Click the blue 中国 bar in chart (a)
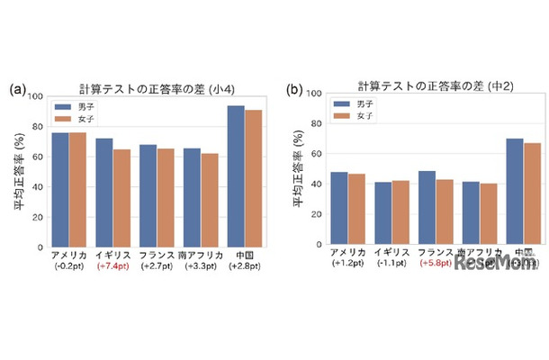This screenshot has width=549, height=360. point(236,175)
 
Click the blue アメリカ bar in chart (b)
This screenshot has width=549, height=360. point(339,208)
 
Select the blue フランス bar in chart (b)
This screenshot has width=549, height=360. point(427,207)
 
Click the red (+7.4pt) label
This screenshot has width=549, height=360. point(113,267)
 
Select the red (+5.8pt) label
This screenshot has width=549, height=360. point(435,265)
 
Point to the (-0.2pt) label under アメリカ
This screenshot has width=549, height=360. point(69,267)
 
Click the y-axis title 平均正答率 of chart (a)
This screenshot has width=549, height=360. point(17,171)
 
